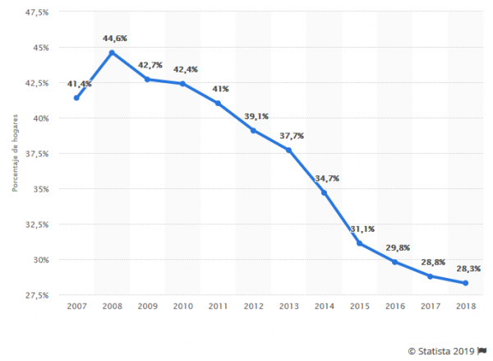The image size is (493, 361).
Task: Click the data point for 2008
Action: (x=112, y=53)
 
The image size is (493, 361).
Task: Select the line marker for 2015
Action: (x=360, y=243)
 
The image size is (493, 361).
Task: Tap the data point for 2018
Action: (x=466, y=283)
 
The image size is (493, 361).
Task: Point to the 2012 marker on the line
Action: (x=253, y=130)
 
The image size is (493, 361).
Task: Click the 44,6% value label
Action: (x=113, y=38)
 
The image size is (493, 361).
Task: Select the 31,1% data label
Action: (x=361, y=229)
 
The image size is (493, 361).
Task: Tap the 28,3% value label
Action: (x=468, y=268)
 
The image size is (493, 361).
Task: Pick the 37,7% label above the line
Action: (x=289, y=136)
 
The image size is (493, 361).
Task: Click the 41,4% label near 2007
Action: (x=79, y=84)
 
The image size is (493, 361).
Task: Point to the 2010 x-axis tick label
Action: (x=182, y=306)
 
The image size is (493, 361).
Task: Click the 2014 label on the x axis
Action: (x=324, y=306)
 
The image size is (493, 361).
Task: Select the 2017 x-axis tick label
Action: (x=431, y=306)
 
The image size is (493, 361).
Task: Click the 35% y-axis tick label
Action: (x=41, y=188)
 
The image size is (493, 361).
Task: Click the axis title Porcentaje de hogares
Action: (x=15, y=154)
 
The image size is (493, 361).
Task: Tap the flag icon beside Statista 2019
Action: (x=482, y=349)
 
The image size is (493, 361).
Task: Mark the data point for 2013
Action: (x=288, y=150)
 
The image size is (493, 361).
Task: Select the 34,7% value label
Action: (x=326, y=178)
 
